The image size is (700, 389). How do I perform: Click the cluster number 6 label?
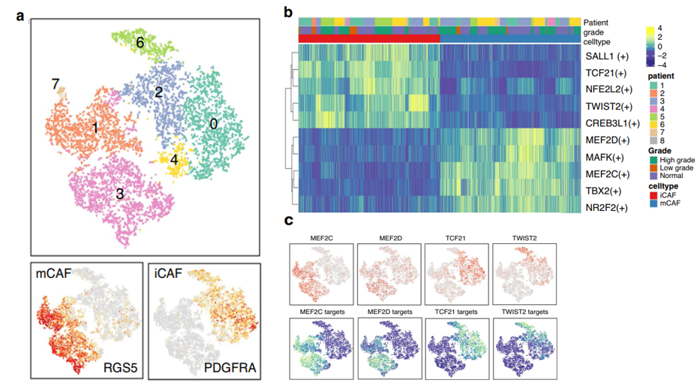point(140,44)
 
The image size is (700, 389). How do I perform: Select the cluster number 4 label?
point(174,160)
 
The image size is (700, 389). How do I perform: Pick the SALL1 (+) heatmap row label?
point(608,56)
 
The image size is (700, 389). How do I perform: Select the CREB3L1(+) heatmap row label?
point(611,122)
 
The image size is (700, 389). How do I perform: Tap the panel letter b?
point(287,11)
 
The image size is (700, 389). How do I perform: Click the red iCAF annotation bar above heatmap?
point(368,38)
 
